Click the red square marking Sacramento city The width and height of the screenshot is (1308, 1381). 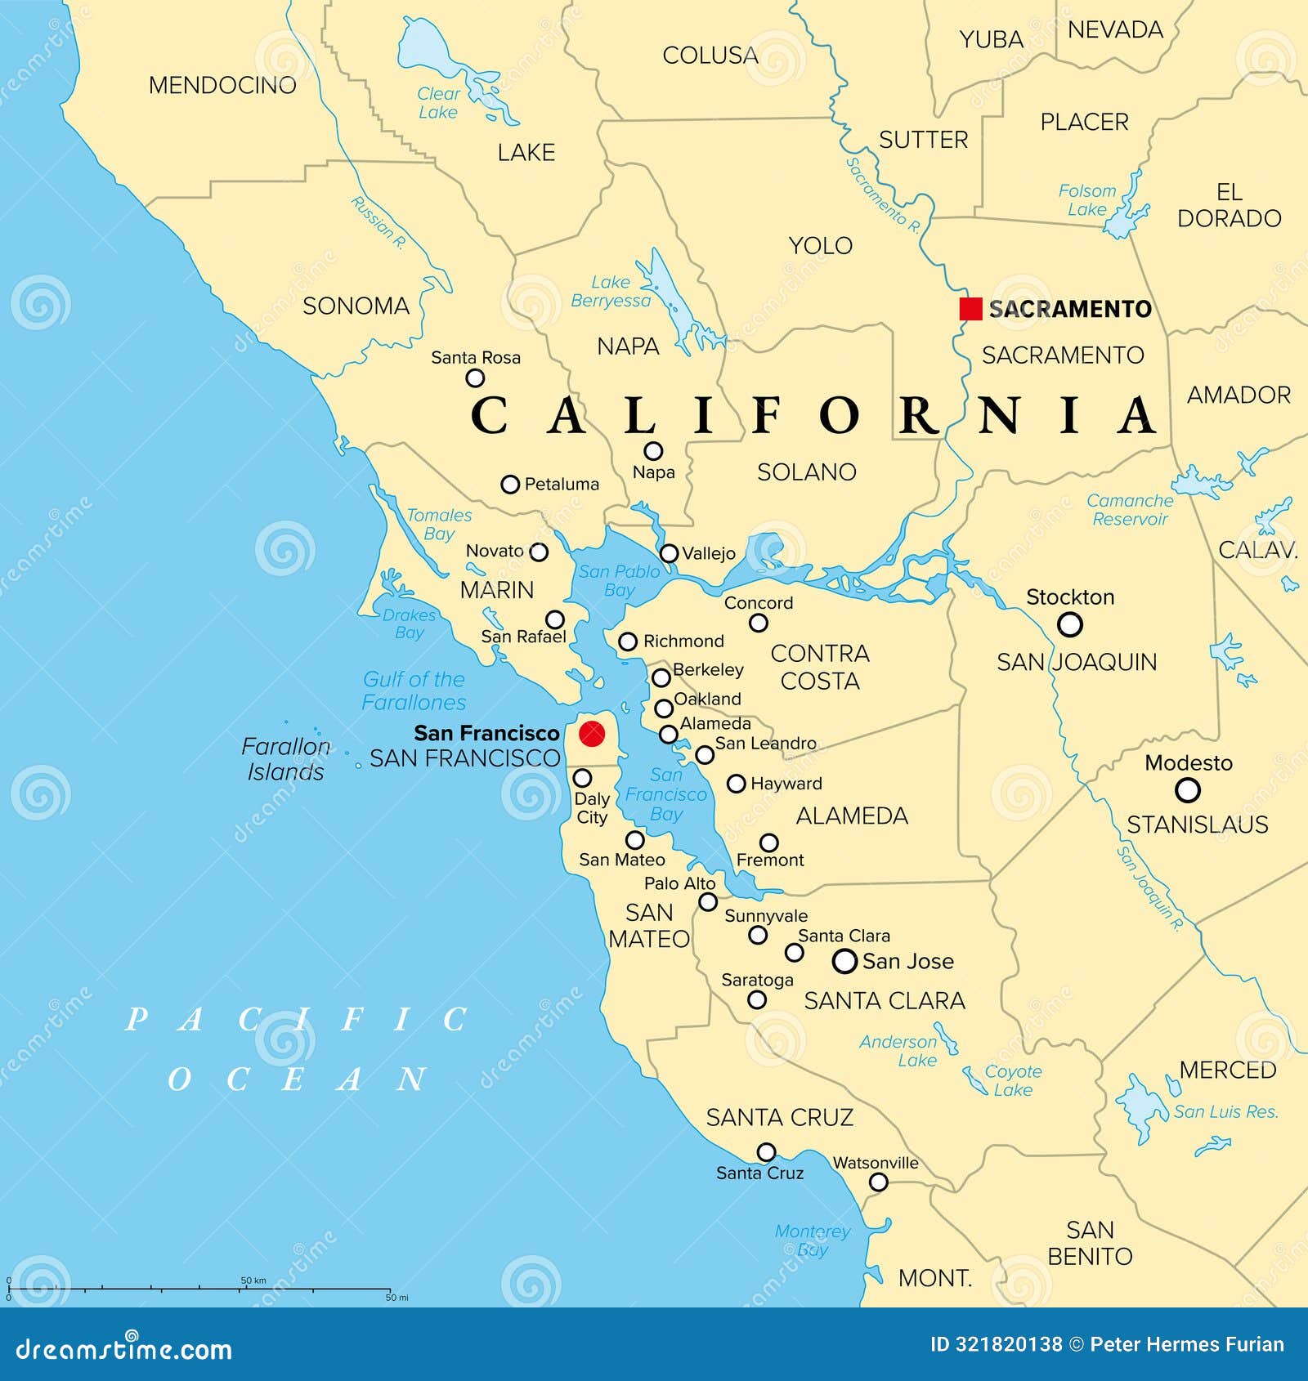970,309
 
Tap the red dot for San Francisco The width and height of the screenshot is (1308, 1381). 591,733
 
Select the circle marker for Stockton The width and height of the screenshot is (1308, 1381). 1069,625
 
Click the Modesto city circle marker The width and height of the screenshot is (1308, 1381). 1187,790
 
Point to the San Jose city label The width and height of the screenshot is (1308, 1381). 907,961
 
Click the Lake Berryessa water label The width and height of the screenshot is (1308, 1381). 611,292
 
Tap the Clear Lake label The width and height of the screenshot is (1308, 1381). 439,103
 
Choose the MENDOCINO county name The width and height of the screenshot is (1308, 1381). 222,85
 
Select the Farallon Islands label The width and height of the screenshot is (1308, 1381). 286,759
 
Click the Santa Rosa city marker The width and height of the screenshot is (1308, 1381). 475,378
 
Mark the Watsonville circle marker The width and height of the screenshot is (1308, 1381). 878,1182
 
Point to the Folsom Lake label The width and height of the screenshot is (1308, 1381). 1086,200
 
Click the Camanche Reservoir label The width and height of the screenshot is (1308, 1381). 1130,510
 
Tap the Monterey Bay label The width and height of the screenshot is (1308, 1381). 813,1240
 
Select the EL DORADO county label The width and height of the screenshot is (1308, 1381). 1229,205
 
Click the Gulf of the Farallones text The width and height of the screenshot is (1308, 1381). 414,690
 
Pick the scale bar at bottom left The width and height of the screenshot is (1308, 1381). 200,1289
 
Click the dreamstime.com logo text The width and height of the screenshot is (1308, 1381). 123,1349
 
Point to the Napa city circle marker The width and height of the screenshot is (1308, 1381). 653,451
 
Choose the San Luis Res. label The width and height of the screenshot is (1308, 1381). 1225,1111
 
